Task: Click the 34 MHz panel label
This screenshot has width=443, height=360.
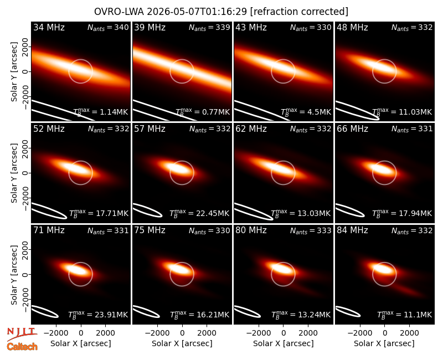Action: click(49, 27)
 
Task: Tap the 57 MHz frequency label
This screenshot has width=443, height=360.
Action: click(150, 129)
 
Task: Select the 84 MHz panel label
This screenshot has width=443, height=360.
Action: click(352, 230)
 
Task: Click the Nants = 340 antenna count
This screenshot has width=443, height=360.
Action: click(108, 27)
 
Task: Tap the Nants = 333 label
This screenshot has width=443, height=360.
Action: click(311, 230)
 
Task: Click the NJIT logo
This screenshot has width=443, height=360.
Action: click(22, 334)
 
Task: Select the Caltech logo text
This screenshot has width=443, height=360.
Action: click(22, 347)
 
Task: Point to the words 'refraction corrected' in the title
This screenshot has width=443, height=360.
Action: click(299, 12)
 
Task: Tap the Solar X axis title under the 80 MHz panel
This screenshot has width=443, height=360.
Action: click(284, 343)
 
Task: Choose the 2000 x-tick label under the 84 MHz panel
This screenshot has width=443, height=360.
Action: click(409, 333)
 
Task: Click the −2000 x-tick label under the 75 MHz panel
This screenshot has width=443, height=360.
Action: click(157, 333)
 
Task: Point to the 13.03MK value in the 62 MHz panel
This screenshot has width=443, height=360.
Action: click(301, 213)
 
